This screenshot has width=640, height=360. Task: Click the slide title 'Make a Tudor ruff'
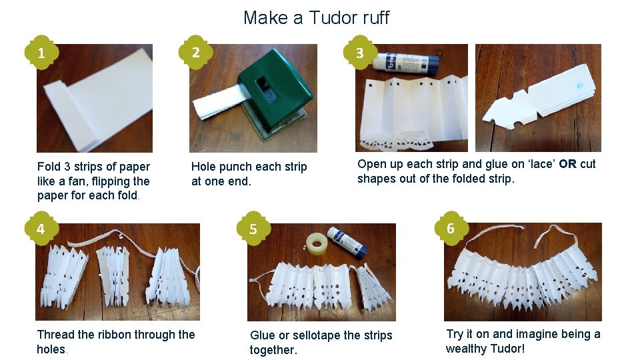click(x=316, y=17)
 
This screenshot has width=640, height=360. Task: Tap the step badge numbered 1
click(x=41, y=53)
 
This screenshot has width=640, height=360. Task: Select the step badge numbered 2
click(x=194, y=51)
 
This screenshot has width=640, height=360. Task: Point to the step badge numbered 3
click(x=360, y=53)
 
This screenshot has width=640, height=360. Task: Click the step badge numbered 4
click(x=41, y=229)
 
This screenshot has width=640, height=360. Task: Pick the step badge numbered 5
click(x=253, y=229)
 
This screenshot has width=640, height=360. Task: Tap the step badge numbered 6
click(x=450, y=229)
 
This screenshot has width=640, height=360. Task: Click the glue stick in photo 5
click(x=348, y=242)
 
